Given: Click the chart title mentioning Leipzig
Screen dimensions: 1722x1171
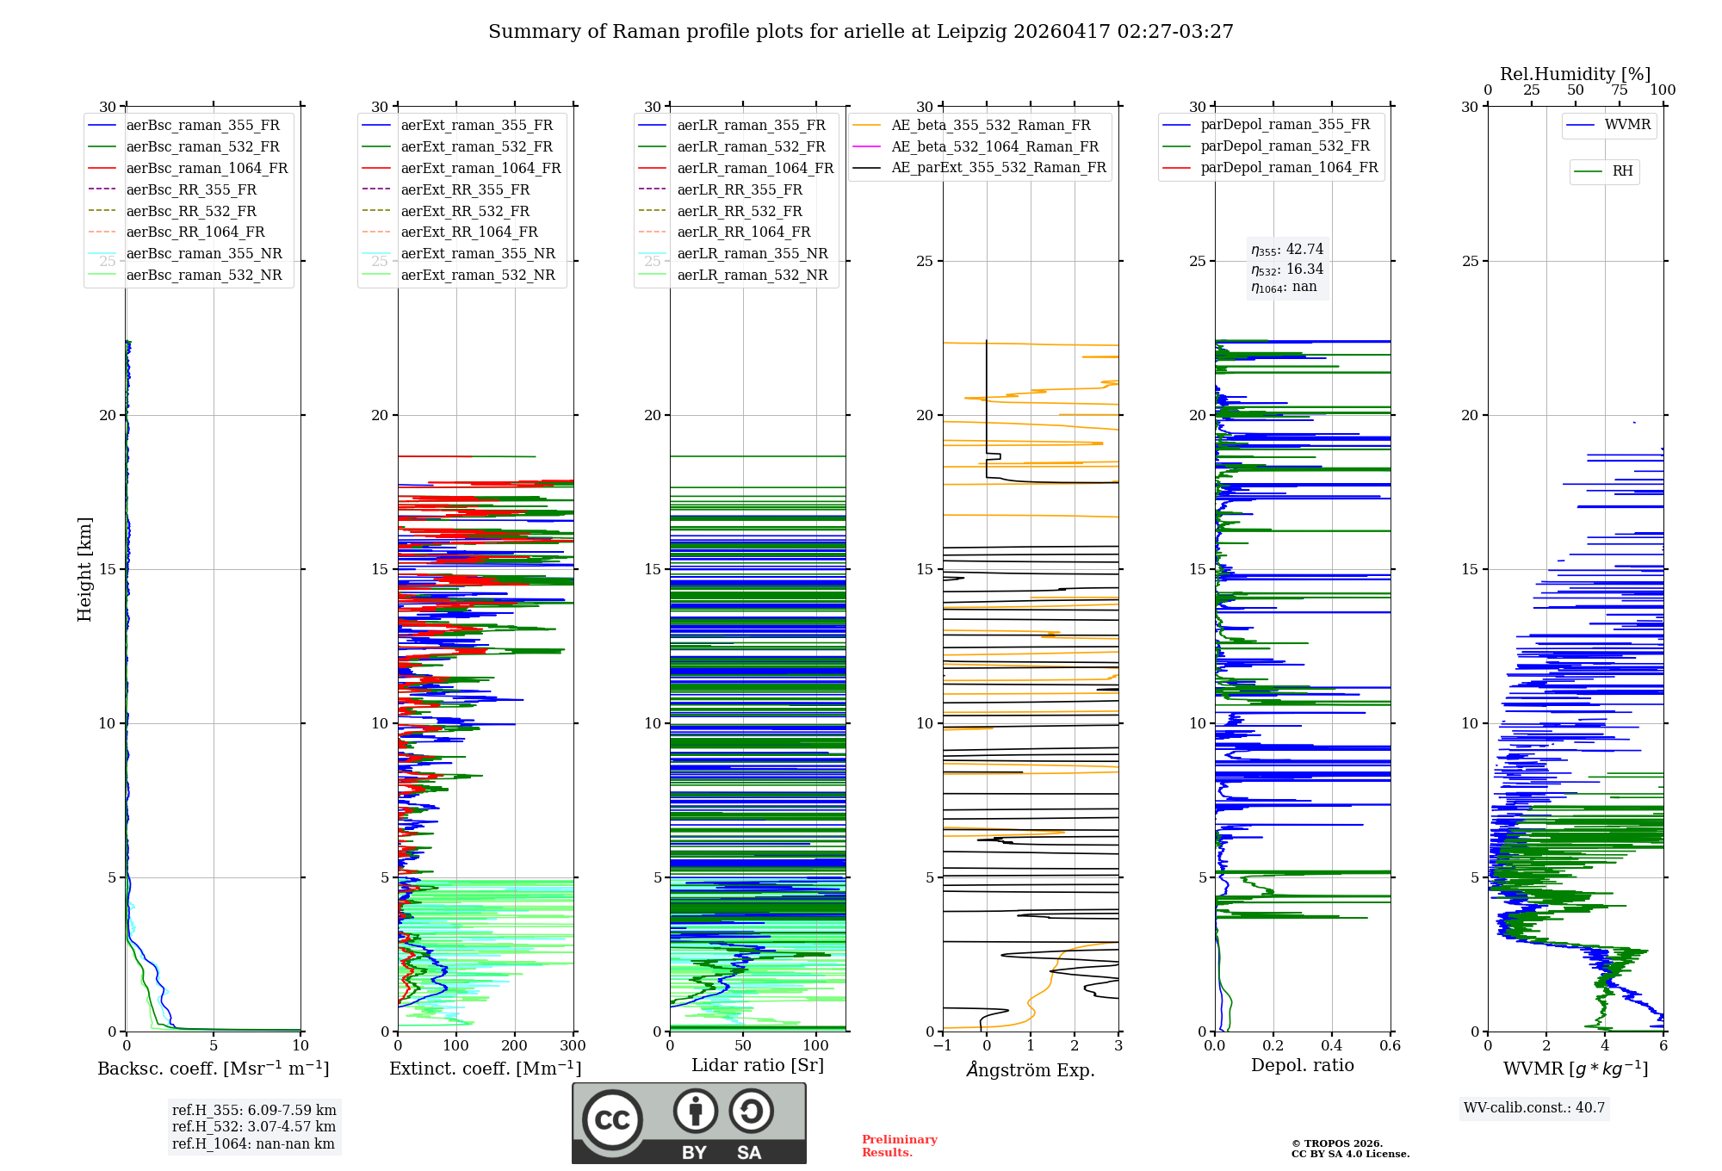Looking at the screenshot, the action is click(x=861, y=32).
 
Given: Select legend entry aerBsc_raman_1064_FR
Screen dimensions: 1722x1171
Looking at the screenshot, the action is click(x=207, y=168).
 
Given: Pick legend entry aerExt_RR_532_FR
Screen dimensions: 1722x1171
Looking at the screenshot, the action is click(x=465, y=211).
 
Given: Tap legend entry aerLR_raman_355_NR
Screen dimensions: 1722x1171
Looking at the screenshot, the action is click(x=753, y=253).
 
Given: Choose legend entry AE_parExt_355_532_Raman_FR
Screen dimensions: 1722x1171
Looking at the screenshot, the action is click(x=999, y=167).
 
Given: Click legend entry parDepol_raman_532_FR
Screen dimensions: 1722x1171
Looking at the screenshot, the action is click(x=1285, y=146).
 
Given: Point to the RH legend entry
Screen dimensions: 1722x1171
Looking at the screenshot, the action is click(x=1622, y=171).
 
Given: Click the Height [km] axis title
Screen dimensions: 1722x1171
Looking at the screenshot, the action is click(x=84, y=569).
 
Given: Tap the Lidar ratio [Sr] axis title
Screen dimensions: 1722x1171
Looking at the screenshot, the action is click(x=758, y=1065).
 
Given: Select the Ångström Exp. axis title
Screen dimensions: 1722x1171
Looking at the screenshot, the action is click(x=1031, y=1069).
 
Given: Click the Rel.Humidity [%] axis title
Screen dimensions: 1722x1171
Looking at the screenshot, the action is click(x=1576, y=74).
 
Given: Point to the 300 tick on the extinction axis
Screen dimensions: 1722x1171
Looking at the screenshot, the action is click(x=573, y=1045).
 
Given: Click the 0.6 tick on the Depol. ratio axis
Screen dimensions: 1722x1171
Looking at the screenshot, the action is click(x=1391, y=1045).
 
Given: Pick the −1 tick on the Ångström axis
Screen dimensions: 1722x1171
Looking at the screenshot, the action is click(x=943, y=1045).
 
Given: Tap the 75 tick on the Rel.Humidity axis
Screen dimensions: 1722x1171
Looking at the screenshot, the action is click(x=1620, y=90).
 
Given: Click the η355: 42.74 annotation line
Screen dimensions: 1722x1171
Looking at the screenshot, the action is click(x=1287, y=250).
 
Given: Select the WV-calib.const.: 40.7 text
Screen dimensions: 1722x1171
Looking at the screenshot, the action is click(x=1534, y=1107).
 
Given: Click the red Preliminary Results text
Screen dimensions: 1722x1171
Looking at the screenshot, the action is click(x=900, y=1146).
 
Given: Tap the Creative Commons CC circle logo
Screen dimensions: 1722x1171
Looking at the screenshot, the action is click(x=612, y=1119).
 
